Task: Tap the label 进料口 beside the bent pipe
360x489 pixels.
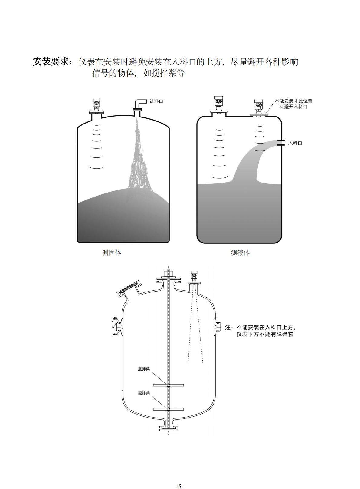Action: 156,101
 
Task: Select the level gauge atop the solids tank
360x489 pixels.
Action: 96,107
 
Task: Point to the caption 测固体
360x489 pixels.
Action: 112,253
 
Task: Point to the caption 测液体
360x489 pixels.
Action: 240,253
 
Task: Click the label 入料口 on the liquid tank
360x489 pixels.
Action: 295,143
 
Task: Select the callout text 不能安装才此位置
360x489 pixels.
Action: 293,101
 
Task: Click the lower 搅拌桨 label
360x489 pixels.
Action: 144,393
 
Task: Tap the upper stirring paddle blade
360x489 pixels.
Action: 169,385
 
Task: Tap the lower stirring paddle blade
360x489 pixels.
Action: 169,409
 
